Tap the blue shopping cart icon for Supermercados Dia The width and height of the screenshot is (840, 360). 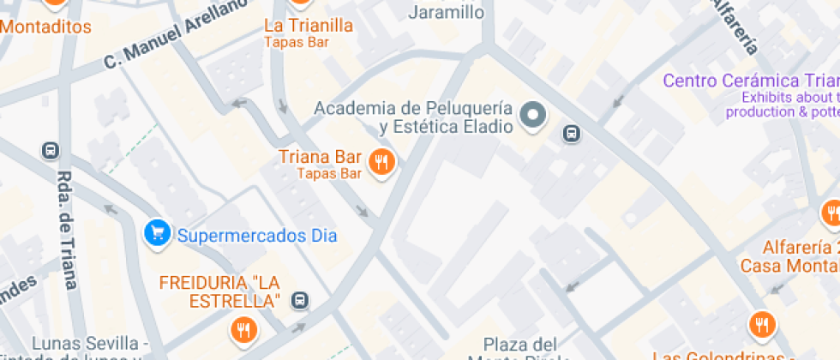point(156,233)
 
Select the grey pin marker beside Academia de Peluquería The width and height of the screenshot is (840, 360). point(534,115)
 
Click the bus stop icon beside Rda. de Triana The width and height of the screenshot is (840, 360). point(51,151)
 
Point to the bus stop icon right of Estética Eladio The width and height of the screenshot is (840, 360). point(572,134)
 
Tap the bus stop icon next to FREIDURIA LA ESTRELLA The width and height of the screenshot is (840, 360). point(300,301)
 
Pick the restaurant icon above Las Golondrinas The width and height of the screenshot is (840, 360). point(760,324)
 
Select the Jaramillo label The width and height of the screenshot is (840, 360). point(446,12)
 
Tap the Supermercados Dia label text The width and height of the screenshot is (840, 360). point(256,235)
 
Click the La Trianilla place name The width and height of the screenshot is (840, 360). point(309,26)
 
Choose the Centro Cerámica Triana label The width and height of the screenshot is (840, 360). point(751,81)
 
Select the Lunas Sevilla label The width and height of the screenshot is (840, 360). point(86,345)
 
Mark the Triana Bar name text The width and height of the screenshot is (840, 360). point(320,158)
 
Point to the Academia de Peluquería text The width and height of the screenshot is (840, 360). point(413,109)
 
